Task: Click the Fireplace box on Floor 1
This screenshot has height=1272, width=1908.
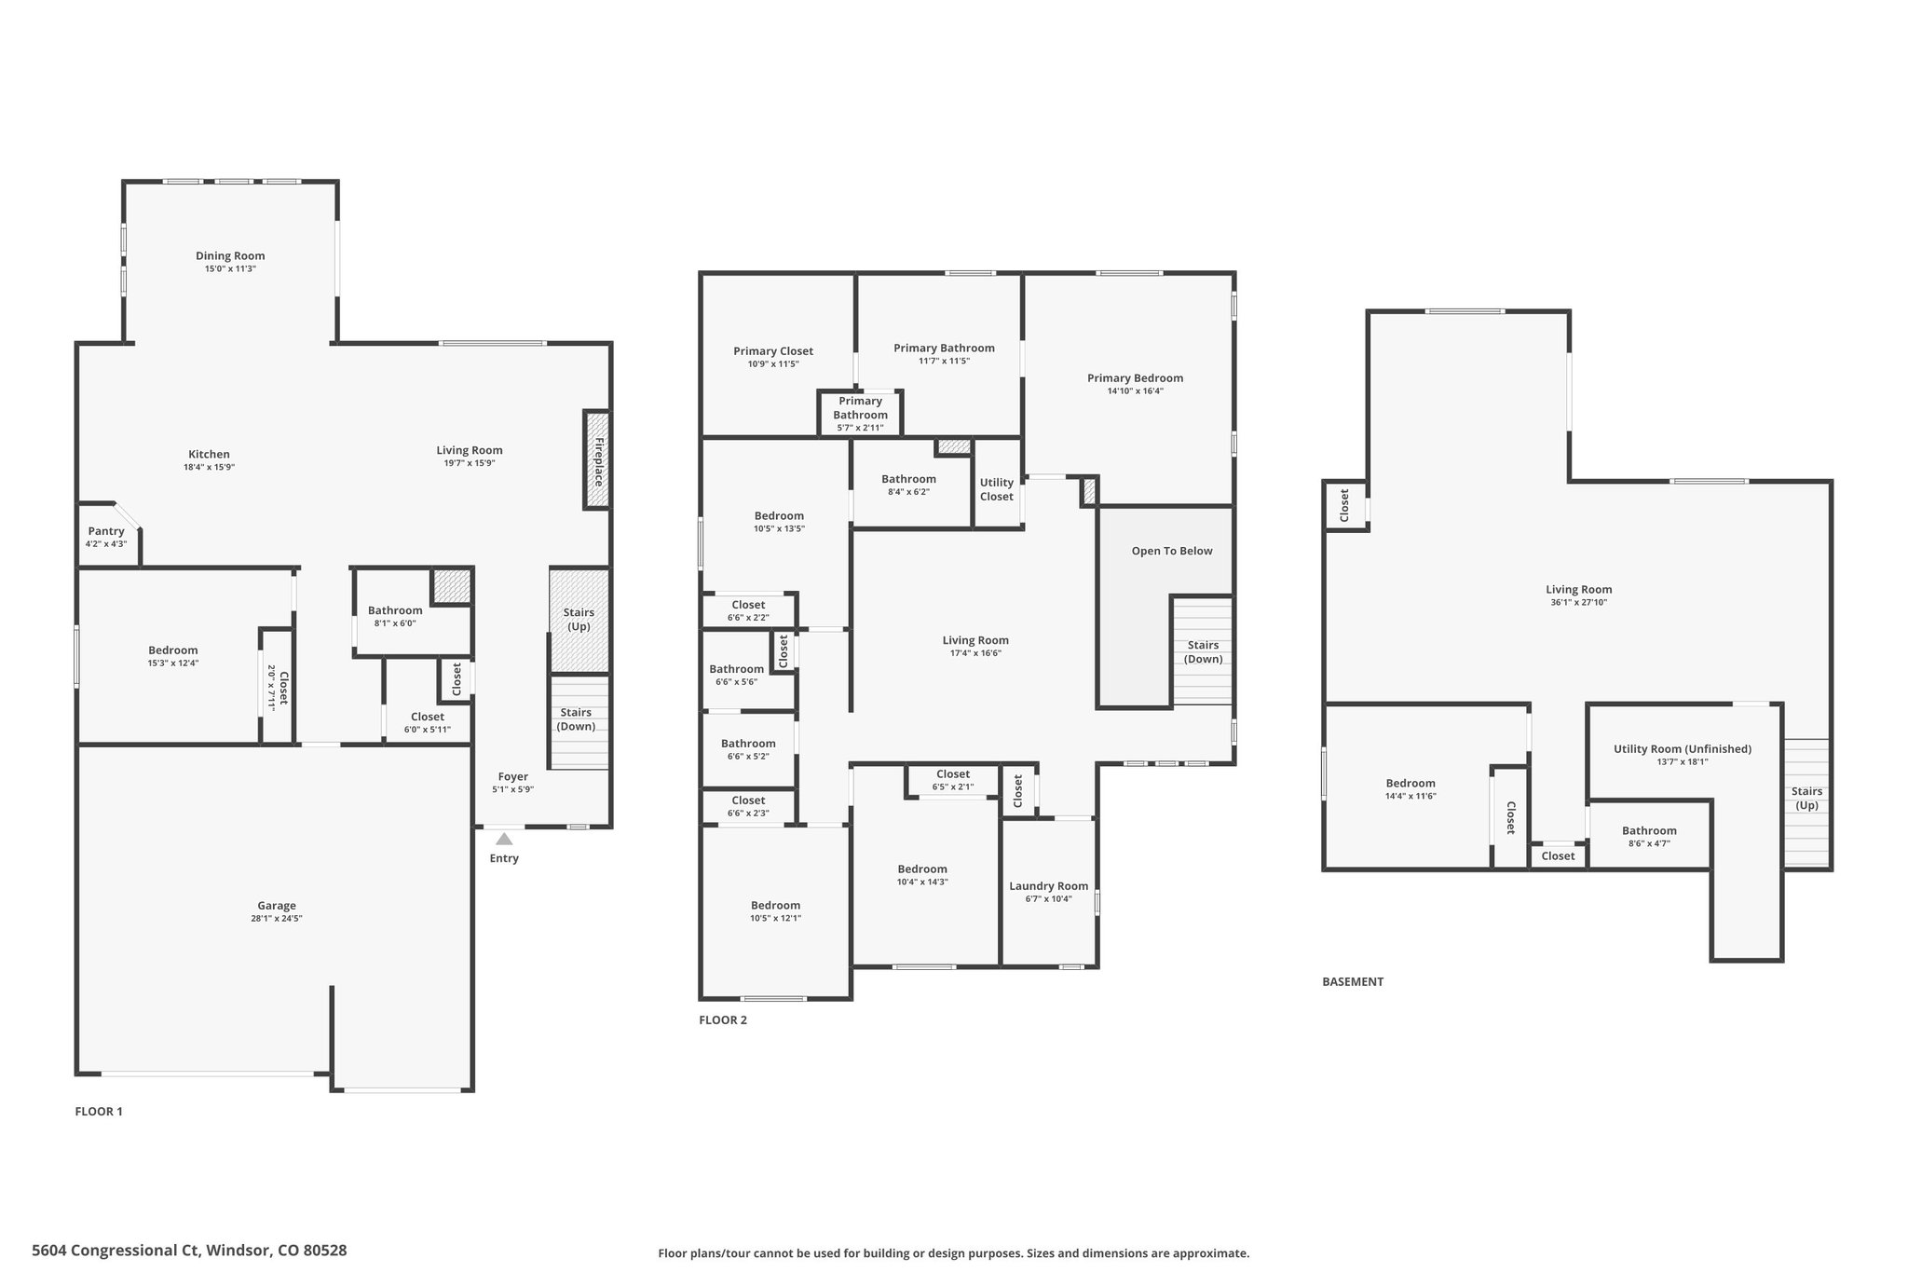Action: point(597,460)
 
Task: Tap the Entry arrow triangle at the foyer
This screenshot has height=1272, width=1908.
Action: point(504,839)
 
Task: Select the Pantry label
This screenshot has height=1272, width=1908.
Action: point(106,531)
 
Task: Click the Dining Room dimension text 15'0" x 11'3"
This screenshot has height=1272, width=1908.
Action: point(230,269)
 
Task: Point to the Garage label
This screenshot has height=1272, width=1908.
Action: point(277,906)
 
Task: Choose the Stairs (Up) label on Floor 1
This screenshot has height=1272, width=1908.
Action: point(579,620)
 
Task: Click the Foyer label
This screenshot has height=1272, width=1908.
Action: point(512,776)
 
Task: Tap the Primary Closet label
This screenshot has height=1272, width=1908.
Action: point(773,351)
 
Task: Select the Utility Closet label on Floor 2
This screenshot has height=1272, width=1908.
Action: point(997,489)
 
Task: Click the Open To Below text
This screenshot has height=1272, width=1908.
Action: point(1172,551)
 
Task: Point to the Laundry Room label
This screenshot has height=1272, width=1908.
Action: point(1049,886)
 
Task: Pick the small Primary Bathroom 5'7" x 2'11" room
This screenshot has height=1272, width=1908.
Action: point(861,413)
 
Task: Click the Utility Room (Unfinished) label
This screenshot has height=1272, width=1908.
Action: point(1683,749)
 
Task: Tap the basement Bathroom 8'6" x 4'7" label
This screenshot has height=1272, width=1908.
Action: point(1649,831)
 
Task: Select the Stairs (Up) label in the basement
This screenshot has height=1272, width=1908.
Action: point(1806,799)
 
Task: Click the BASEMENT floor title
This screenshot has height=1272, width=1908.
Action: point(1353,981)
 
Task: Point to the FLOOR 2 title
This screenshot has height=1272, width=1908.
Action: point(723,1019)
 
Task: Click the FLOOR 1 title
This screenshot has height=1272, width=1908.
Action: point(99,1112)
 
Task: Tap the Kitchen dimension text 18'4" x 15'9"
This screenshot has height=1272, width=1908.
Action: point(209,468)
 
